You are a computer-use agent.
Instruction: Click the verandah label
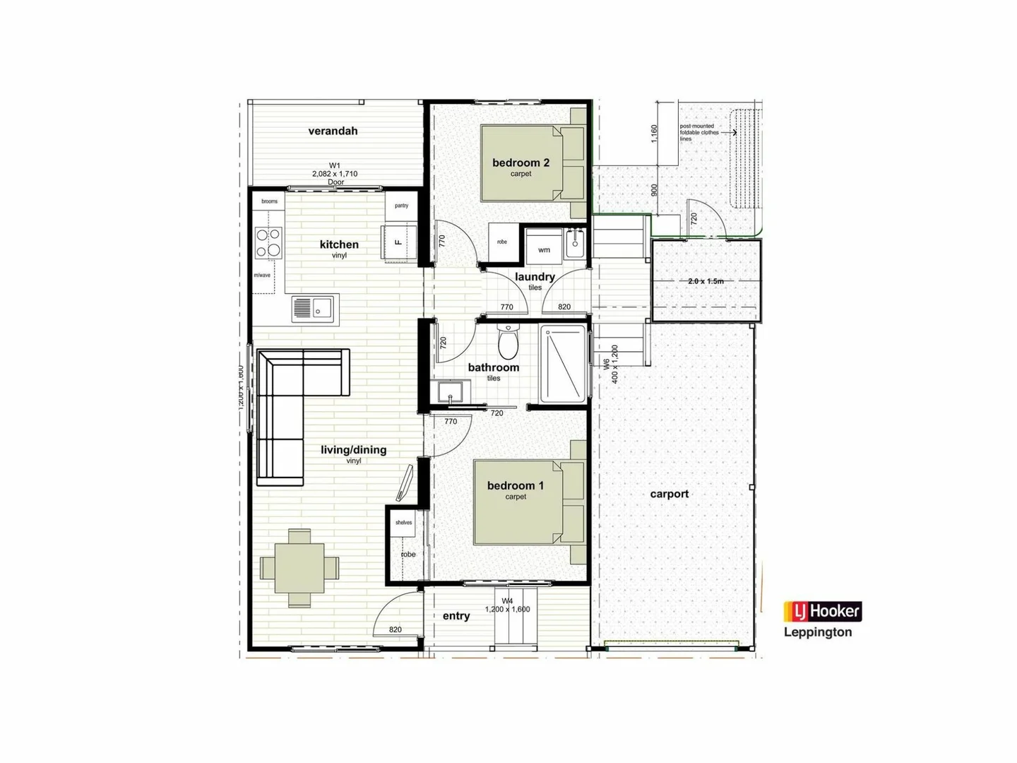(x=333, y=131)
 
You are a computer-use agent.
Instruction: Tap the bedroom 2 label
(x=521, y=163)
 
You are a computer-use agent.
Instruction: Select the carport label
(x=669, y=494)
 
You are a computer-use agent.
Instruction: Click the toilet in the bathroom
(x=508, y=342)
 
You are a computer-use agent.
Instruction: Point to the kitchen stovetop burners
(x=268, y=242)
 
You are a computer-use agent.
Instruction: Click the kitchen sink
(x=315, y=309)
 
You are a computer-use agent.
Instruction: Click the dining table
(x=299, y=567)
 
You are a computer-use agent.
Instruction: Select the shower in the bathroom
(x=563, y=363)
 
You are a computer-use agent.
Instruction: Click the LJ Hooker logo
(x=822, y=611)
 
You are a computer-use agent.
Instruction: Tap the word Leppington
(x=818, y=632)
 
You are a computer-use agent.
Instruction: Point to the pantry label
(x=401, y=206)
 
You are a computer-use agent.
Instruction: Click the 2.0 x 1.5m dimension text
(x=706, y=281)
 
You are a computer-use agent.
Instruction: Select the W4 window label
(x=507, y=602)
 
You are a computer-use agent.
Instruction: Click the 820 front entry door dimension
(x=395, y=629)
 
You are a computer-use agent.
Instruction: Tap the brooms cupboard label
(x=269, y=201)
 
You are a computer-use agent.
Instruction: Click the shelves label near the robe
(x=403, y=523)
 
